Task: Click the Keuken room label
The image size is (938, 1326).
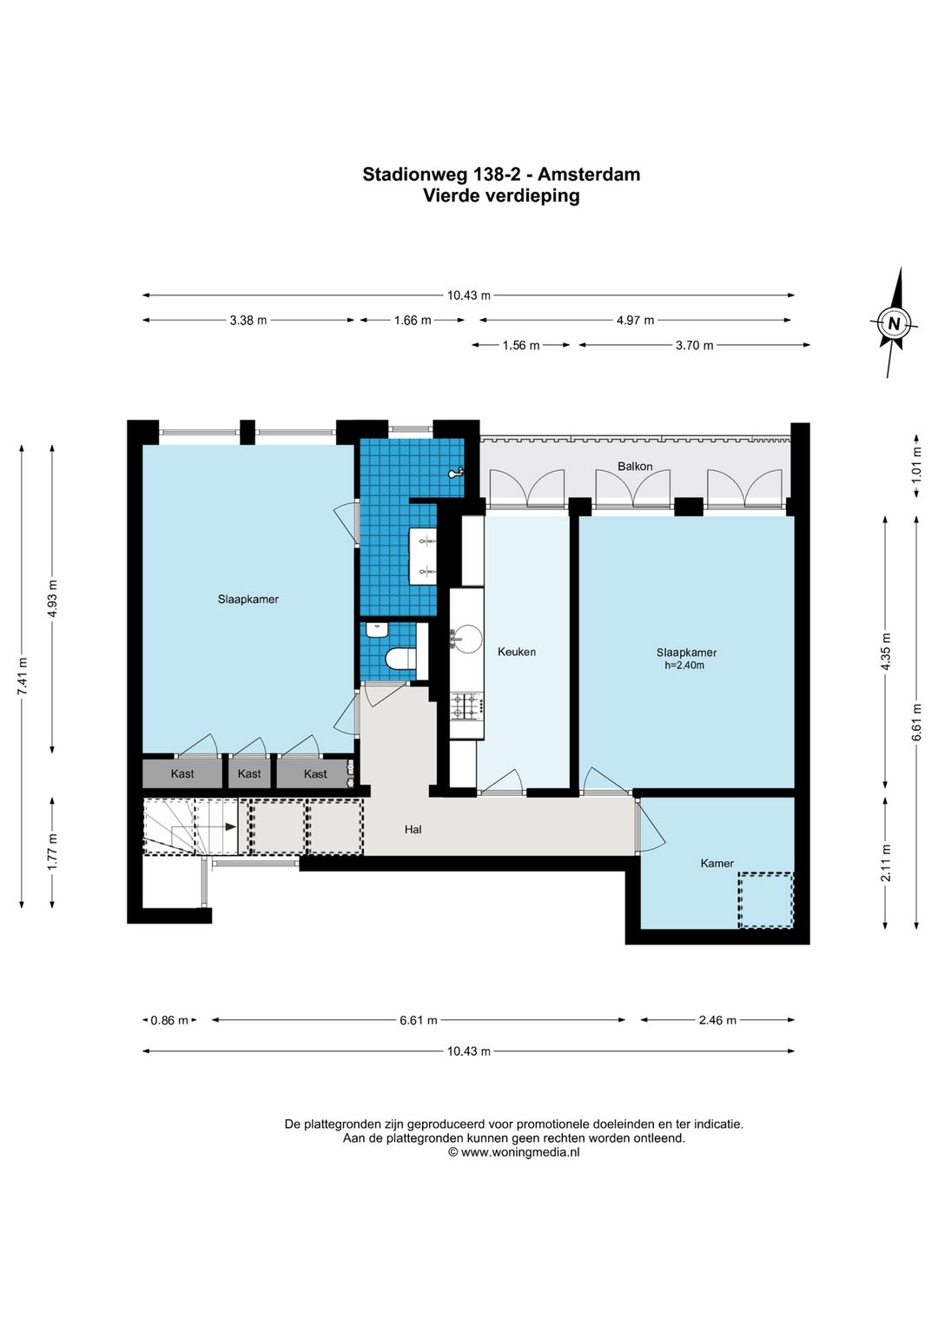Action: pyautogui.click(x=516, y=652)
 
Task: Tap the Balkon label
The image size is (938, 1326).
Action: pyautogui.click(x=634, y=467)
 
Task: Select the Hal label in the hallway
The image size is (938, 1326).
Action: pyautogui.click(x=413, y=829)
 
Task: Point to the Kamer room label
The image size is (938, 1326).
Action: pyautogui.click(x=717, y=863)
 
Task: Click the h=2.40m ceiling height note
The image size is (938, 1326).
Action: pyautogui.click(x=684, y=666)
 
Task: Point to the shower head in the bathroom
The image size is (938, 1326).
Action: pyautogui.click(x=456, y=473)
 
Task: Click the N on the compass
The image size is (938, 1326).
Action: pyautogui.click(x=894, y=323)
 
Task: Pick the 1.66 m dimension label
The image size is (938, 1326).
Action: pyautogui.click(x=413, y=321)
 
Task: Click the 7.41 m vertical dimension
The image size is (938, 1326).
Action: pyautogui.click(x=22, y=675)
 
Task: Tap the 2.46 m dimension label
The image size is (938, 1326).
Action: pyautogui.click(x=717, y=1019)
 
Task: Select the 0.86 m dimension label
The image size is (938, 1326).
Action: pyautogui.click(x=169, y=1019)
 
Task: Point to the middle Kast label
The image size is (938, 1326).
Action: pyautogui.click(x=249, y=773)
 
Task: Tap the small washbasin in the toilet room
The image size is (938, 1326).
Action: pyautogui.click(x=376, y=630)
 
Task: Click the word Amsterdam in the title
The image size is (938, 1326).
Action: pyautogui.click(x=589, y=175)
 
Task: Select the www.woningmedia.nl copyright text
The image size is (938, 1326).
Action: pyautogui.click(x=513, y=1152)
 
